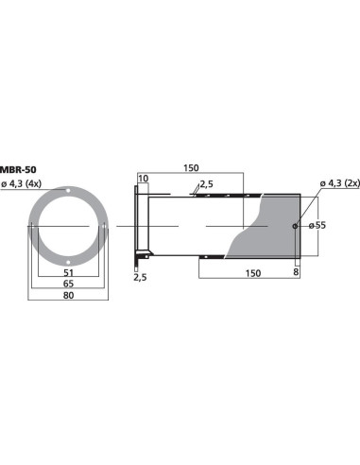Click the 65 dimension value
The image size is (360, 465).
pyautogui.click(x=69, y=283)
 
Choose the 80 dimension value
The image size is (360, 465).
pyautogui.click(x=69, y=296)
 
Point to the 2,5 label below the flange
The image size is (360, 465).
pyautogui.click(x=140, y=278)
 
